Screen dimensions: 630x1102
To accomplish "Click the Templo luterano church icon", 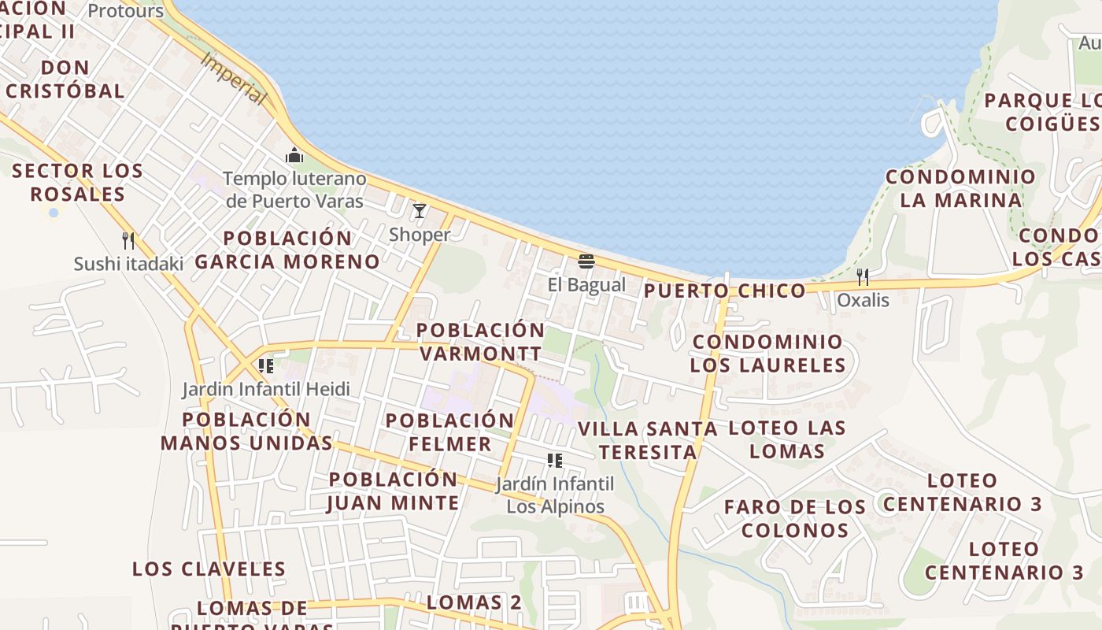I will point(295,155).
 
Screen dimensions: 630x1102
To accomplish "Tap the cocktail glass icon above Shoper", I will point(420,211).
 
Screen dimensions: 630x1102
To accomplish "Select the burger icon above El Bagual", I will point(586,261).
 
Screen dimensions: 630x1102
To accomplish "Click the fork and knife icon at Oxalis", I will point(863,276).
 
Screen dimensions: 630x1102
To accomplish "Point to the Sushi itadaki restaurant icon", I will point(128,240).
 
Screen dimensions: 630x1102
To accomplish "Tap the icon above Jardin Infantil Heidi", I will point(266,365).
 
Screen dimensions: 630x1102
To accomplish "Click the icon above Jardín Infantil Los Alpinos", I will point(555,460).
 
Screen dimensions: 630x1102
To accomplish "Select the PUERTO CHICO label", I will point(725,291).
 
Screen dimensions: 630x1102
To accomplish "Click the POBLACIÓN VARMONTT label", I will point(480,342).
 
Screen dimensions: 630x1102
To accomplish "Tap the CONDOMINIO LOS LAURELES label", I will point(767,354).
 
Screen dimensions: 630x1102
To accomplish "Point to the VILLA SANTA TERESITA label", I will point(648,440).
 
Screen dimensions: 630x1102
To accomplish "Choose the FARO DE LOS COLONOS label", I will point(795,518).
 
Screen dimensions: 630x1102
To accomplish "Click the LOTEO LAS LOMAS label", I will point(787,439).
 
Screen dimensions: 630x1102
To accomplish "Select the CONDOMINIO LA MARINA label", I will point(960,188).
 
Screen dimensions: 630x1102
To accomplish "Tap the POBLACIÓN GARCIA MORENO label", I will point(287,250).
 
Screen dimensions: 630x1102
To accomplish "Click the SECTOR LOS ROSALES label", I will point(77,182).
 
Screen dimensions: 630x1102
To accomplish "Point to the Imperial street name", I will point(233,79).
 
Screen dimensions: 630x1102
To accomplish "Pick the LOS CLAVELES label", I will point(209,569).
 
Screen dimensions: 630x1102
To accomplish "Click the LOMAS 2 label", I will point(474,602).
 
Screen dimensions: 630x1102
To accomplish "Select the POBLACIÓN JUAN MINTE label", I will point(393,491).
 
